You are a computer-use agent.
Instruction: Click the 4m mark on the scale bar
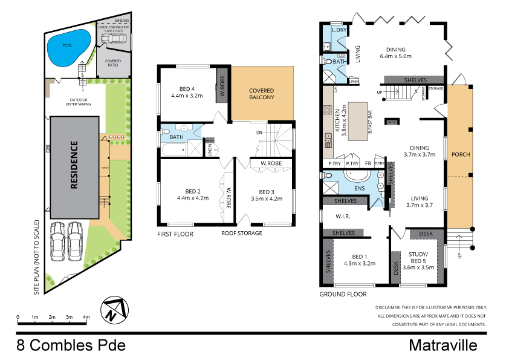(x=86, y=317)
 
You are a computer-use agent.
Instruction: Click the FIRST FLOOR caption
(x=175, y=233)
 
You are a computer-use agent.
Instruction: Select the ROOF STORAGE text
(x=242, y=233)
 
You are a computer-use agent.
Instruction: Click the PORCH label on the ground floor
(x=461, y=154)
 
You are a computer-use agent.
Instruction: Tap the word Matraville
(x=443, y=345)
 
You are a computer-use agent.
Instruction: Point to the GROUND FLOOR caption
(x=343, y=294)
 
